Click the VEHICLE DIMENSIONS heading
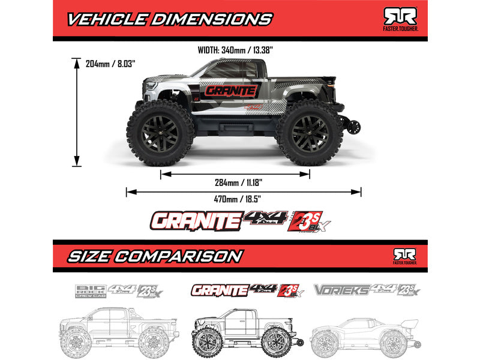[x=169, y=19]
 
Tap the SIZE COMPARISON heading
[x=154, y=256]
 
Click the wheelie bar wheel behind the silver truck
[x=354, y=127]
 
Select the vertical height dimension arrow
[x=77, y=112]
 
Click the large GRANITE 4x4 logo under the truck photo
[x=240, y=221]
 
